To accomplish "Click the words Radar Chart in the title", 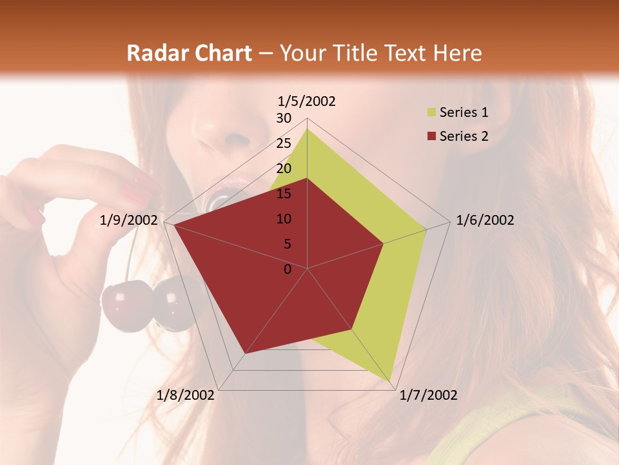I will (189, 53).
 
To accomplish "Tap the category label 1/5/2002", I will (307, 101).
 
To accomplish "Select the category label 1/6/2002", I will (485, 220).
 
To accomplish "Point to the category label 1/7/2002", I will (429, 395).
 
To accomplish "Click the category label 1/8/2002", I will (186, 395).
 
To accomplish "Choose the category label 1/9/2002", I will (129, 220).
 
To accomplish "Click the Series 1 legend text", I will (464, 112).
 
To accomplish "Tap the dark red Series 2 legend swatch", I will (431, 136).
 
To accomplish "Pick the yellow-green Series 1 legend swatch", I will (431, 113).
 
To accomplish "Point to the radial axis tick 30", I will (284, 118).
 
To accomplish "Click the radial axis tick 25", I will (284, 143).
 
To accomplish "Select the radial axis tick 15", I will (284, 194).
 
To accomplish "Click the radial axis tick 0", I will (288, 269).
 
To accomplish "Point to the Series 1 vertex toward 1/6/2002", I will (426, 229).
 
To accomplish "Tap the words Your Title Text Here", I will (380, 53).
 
